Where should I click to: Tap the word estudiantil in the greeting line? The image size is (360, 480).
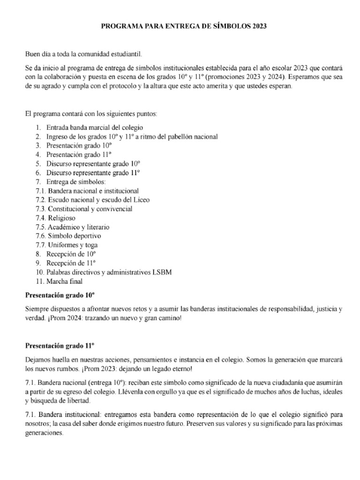tap(125, 55)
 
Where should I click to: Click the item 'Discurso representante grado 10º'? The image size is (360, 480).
tap(94, 164)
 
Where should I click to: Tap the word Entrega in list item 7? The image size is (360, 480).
tap(58, 182)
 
